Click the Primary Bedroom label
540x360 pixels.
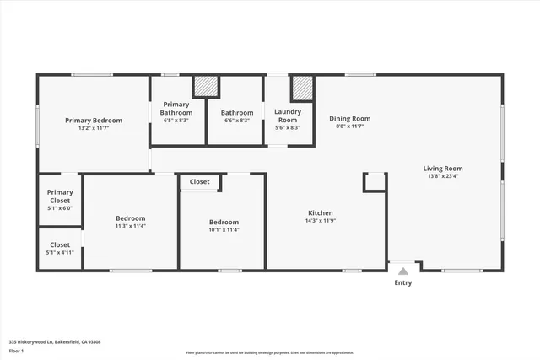click(94, 121)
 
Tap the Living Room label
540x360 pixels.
click(443, 169)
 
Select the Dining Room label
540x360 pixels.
click(349, 119)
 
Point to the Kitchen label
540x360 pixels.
click(320, 212)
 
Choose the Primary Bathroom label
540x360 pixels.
click(177, 109)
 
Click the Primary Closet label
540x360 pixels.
click(60, 196)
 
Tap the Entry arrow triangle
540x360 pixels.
click(403, 271)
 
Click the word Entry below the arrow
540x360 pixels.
click(403, 282)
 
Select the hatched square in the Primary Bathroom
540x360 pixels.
click(207, 88)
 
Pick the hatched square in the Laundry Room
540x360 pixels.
click(302, 88)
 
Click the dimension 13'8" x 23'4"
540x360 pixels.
click(443, 177)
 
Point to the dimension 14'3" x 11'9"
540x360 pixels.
click(320, 221)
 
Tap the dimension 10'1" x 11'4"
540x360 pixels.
click(224, 229)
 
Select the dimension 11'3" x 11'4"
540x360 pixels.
click(131, 226)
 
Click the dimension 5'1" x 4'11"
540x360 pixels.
click(60, 252)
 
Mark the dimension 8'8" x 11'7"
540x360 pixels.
click(349, 127)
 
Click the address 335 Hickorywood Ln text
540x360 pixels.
click(55, 341)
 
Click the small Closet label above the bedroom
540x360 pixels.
click(200, 181)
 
